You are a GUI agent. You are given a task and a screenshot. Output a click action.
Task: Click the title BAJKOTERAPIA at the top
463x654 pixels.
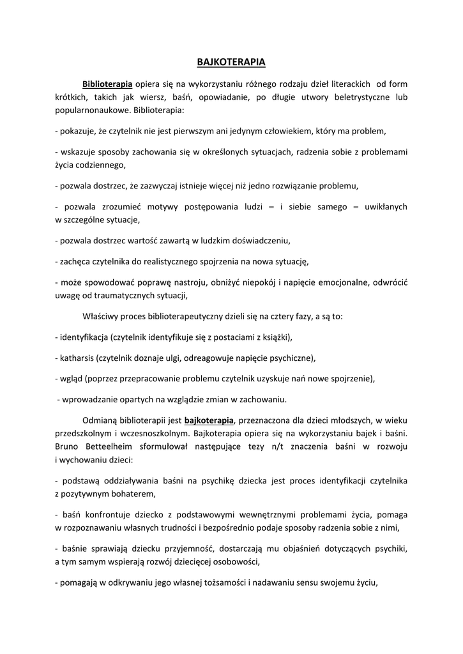(x=231, y=63)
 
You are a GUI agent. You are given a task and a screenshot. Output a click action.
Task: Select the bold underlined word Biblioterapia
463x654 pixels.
(x=107, y=84)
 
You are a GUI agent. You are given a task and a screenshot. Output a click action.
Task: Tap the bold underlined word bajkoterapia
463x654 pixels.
(x=209, y=420)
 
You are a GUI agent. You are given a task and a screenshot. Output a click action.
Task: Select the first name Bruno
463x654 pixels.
(x=67, y=446)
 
